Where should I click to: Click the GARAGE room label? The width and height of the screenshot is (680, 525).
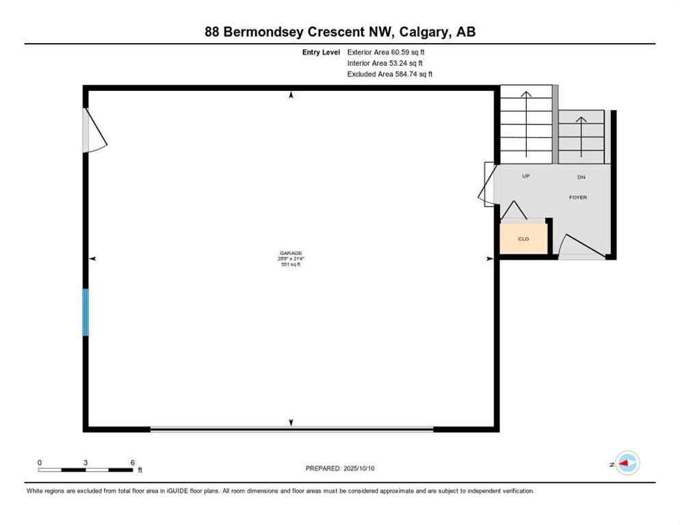click(291, 253)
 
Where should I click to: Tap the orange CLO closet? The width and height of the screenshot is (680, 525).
click(523, 239)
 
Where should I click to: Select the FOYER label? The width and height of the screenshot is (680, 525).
click(578, 198)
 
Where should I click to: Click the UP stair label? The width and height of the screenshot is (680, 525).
click(526, 176)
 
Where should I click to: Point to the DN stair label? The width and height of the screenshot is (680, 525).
click(581, 177)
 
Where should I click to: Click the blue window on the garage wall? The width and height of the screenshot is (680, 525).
click(86, 312)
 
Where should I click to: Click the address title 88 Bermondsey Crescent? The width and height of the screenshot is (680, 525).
click(339, 31)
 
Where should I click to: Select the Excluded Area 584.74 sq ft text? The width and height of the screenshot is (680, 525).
click(390, 74)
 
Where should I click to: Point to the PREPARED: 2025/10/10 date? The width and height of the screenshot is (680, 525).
click(340, 468)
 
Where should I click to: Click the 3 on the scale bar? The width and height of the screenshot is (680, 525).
click(86, 463)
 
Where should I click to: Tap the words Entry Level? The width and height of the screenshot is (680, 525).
click(322, 52)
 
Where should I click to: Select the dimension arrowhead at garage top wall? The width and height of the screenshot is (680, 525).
click(291, 95)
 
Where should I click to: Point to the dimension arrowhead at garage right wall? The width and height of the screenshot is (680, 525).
click(489, 258)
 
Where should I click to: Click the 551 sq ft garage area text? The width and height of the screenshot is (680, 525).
click(291, 265)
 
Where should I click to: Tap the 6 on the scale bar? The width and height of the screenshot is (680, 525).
click(132, 463)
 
